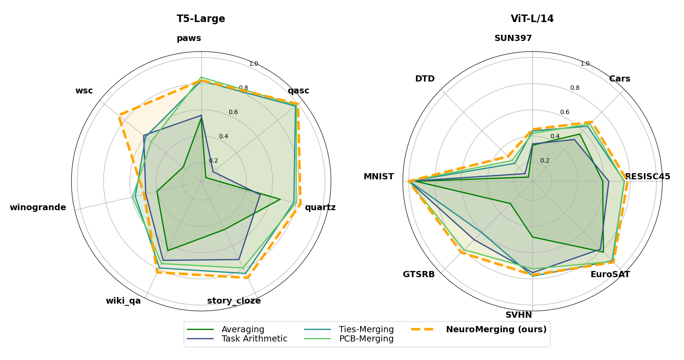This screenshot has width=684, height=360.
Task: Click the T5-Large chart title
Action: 201,19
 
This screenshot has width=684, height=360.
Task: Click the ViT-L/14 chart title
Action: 532,19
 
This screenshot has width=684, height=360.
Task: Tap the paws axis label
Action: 189,38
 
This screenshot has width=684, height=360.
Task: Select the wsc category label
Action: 84,91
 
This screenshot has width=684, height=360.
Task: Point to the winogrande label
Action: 38,208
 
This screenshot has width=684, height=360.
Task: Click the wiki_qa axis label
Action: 123,301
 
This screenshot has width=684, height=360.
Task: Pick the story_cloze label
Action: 234,301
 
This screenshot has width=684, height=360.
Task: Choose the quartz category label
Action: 320,208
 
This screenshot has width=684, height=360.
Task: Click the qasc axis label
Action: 298,91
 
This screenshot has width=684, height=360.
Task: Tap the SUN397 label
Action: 513,38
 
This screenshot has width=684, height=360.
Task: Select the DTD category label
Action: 425,79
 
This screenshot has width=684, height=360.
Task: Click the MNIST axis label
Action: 379,177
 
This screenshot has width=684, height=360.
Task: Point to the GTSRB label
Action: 419,275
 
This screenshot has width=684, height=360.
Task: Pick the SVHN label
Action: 519,315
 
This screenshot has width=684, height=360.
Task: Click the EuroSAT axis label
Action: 610,275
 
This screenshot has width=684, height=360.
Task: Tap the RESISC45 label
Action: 647,177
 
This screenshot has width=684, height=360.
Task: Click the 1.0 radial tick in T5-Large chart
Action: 253,64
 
